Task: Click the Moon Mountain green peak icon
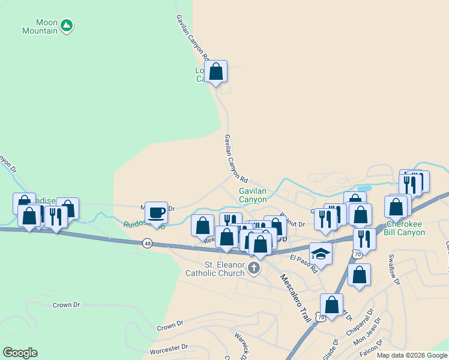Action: (x=67, y=26)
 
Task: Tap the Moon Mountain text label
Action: (x=40, y=26)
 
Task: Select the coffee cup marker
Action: (x=156, y=213)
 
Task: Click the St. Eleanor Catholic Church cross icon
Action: (x=254, y=268)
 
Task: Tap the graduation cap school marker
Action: (x=321, y=254)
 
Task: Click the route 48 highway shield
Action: (x=147, y=243)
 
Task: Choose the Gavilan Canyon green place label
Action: (x=253, y=195)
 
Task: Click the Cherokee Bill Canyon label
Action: (x=405, y=227)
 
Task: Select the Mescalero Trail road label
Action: (x=295, y=297)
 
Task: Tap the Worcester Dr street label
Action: (x=169, y=347)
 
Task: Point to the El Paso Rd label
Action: (x=303, y=263)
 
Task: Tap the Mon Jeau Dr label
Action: (x=367, y=337)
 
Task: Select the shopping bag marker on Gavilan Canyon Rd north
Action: (x=216, y=72)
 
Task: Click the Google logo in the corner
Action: (x=20, y=353)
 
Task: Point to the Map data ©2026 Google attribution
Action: (x=412, y=355)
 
